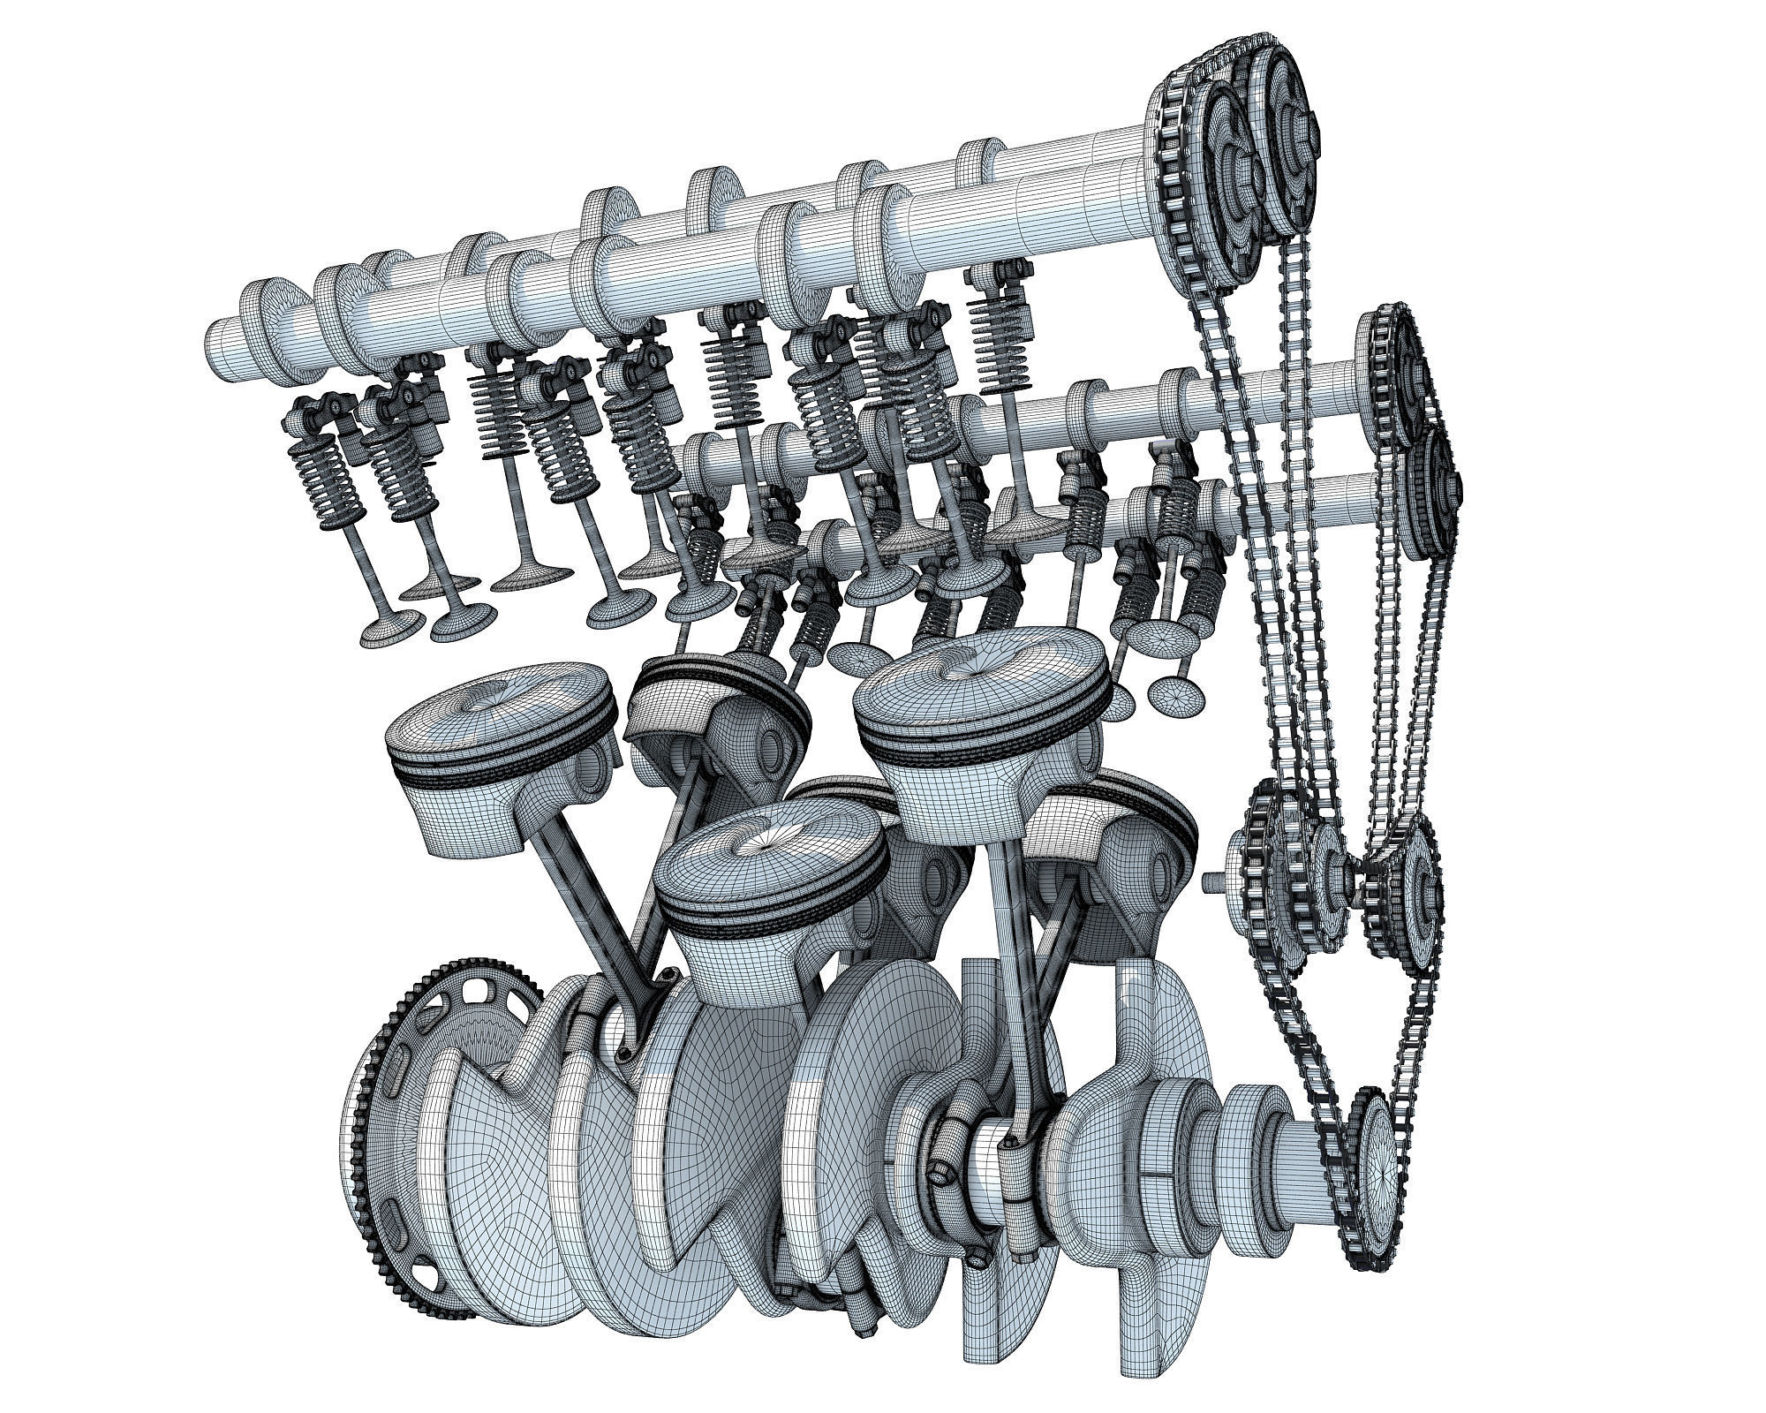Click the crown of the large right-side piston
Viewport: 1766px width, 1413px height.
tap(980, 680)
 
